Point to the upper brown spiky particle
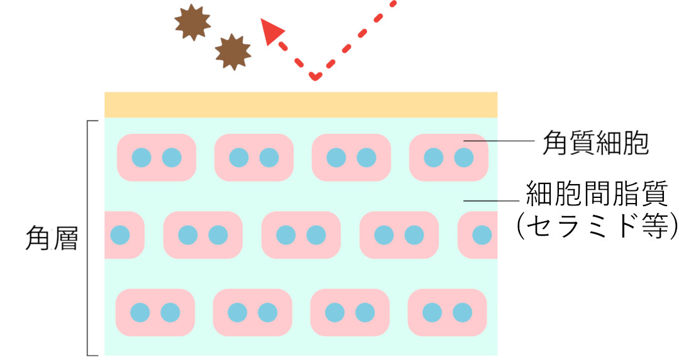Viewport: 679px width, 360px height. [192, 23]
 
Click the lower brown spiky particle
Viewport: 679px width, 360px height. [233, 52]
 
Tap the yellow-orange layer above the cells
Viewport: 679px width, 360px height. [301, 104]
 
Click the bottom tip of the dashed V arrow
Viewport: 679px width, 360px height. [315, 76]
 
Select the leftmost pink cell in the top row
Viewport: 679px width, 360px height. [157, 157]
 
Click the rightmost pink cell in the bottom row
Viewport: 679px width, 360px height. [447, 312]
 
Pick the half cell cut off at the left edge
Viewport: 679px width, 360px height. [123, 235]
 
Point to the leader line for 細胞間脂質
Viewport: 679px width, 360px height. [494, 201]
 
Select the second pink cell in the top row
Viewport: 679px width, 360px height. [254, 157]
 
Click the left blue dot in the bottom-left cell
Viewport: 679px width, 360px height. [140, 312]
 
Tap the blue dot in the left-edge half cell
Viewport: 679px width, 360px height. [119, 235]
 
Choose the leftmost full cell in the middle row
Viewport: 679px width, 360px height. [202, 235]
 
